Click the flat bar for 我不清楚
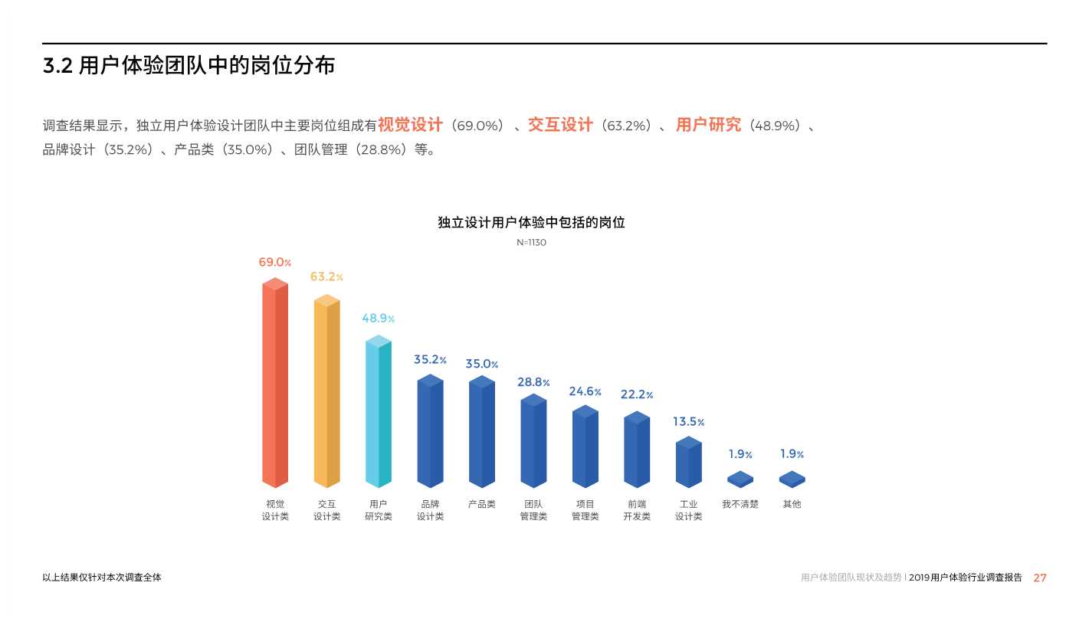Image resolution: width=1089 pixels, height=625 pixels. (740, 479)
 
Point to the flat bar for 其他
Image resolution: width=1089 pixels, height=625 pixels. (792, 479)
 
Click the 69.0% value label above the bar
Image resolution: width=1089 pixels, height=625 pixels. (274, 263)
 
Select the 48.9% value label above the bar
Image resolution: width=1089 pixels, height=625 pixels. (378, 319)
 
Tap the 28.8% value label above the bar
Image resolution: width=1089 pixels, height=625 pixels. (533, 382)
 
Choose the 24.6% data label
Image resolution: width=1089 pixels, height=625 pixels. (585, 392)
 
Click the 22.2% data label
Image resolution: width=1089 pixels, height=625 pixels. (636, 395)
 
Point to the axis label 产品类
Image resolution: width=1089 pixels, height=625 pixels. (481, 504)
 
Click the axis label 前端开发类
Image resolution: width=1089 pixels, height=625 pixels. (636, 510)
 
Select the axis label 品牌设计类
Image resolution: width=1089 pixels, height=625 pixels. (430, 510)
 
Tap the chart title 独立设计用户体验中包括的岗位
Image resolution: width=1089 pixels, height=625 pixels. (531, 223)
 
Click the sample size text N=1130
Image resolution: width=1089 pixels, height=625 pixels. (531, 243)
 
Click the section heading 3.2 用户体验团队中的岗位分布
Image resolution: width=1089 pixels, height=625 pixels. (189, 66)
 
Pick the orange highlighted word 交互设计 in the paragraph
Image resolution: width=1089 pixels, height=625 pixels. (560, 125)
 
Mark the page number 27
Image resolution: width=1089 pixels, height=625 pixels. (1040, 578)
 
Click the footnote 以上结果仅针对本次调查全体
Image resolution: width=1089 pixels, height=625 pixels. (102, 578)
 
